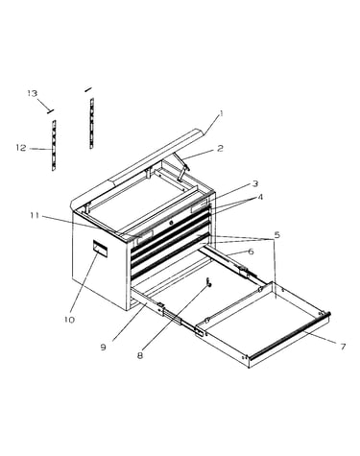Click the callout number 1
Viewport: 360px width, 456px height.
(x=221, y=113)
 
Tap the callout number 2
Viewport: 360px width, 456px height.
(x=220, y=149)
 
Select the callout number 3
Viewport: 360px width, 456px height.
(x=255, y=184)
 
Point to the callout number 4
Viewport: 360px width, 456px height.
(x=260, y=197)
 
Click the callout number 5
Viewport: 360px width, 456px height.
(x=277, y=235)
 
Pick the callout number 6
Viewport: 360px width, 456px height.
(x=251, y=252)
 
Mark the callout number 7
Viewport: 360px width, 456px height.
(x=343, y=347)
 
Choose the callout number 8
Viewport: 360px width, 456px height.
(x=140, y=355)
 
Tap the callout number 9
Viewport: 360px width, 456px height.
(x=103, y=348)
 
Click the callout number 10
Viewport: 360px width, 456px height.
(x=69, y=320)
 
